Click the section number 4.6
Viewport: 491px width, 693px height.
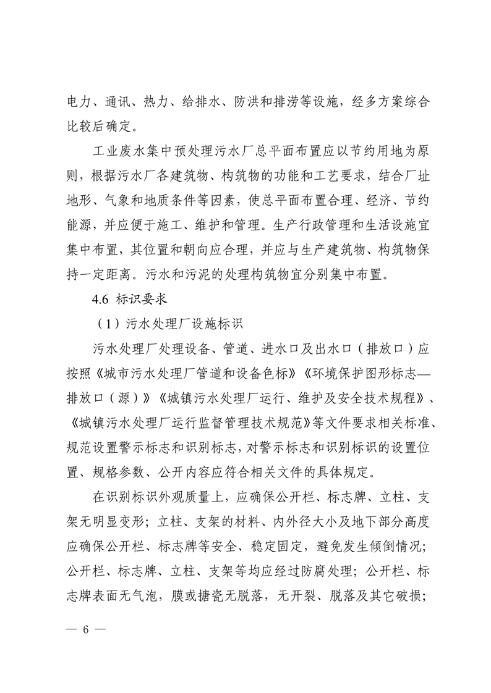100,314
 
